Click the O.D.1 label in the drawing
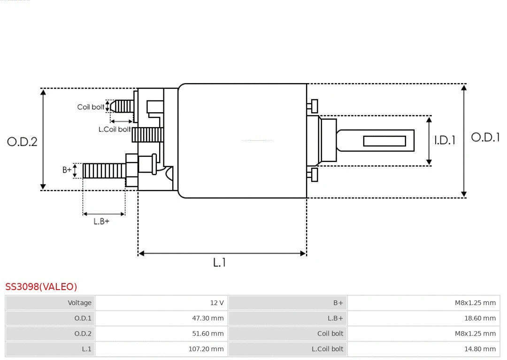pyautogui.click(x=485, y=137)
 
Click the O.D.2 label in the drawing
pyautogui.click(x=22, y=141)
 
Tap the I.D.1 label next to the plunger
pyautogui.click(x=444, y=140)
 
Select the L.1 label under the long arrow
pyautogui.click(x=219, y=262)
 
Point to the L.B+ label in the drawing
pyautogui.click(x=101, y=221)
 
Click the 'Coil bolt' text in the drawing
pyautogui.click(x=91, y=107)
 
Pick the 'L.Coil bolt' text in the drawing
pyautogui.click(x=115, y=129)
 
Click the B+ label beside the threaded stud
pyautogui.click(x=67, y=170)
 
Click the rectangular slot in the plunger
pyautogui.click(x=384, y=141)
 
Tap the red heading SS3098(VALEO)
pyautogui.click(x=41, y=286)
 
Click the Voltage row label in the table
pyautogui.click(x=79, y=303)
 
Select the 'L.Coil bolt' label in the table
pyautogui.click(x=327, y=349)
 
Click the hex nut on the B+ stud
pyautogui.click(x=132, y=170)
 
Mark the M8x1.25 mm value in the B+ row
pyautogui.click(x=475, y=303)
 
